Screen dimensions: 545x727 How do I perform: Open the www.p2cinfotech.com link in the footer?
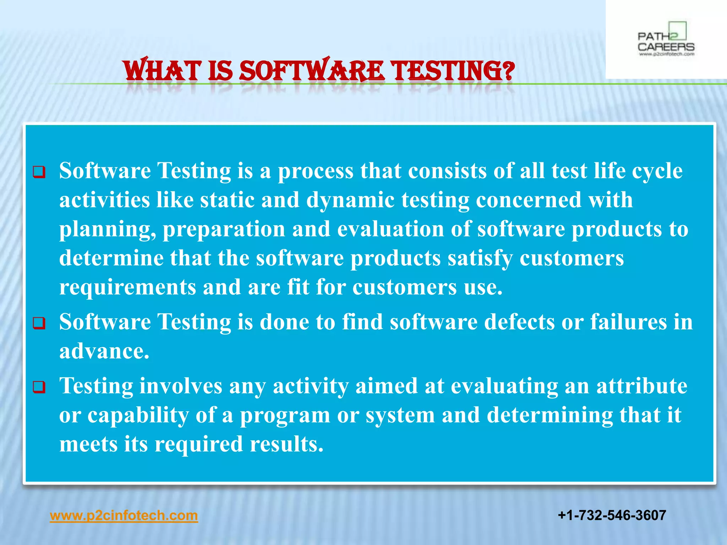point(124,515)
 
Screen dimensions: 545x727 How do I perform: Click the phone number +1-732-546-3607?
point(612,515)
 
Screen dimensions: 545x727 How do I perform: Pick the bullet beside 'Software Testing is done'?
point(39,323)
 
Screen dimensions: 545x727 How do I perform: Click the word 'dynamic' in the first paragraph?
point(350,200)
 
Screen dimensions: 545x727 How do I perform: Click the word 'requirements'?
point(127,287)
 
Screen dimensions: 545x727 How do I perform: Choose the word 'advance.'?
point(104,351)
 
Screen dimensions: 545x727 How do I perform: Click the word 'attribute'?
point(641,386)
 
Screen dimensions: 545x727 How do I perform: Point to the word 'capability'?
point(138,416)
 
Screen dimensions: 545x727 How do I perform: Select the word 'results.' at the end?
point(286,444)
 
